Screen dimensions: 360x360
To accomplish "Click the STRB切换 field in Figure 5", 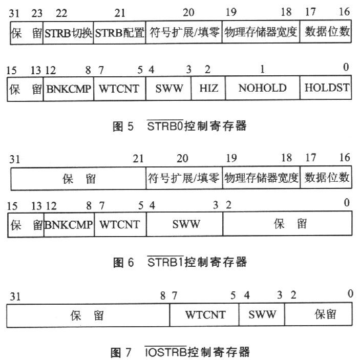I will coord(68,33).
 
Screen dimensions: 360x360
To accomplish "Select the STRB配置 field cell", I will coord(119,33).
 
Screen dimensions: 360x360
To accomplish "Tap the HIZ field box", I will coord(208,88).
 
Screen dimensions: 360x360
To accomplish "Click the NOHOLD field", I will coord(262,88).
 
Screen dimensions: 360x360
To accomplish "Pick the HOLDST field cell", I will coord(326,88).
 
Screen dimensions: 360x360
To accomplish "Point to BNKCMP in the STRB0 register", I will coord(69,88).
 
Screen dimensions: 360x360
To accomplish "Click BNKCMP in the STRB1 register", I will coord(69,224).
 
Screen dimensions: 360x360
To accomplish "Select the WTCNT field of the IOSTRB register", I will coord(205,314).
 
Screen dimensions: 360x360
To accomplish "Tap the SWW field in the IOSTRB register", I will coord(262,314).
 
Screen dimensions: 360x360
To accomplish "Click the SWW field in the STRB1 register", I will coord(185,224).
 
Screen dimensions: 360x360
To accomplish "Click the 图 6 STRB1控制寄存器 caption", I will coord(179,263).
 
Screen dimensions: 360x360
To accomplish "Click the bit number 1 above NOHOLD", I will coord(262,69).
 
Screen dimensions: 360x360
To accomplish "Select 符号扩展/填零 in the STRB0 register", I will coord(183,33).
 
